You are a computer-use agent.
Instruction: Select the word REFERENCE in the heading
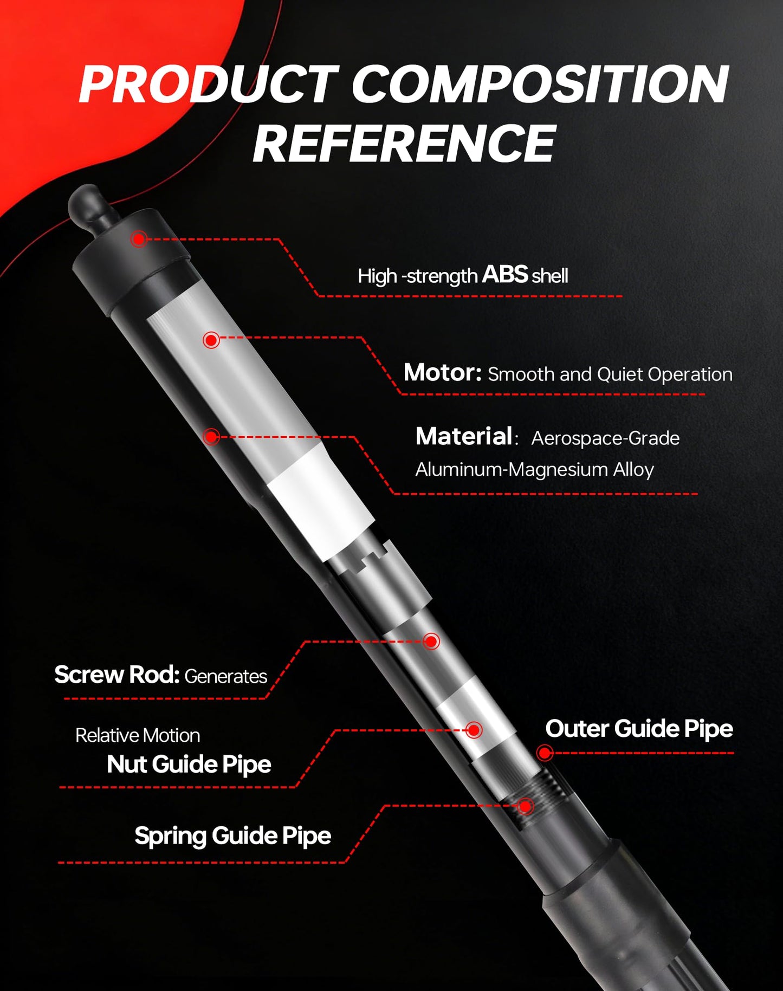click(x=404, y=143)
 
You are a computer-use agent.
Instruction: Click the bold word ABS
click(x=504, y=275)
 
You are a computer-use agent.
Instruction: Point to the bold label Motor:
click(x=443, y=373)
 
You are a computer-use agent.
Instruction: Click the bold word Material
click(x=464, y=436)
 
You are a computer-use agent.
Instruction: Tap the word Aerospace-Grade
click(x=605, y=438)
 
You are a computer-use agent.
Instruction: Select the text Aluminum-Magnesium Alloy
click(x=535, y=470)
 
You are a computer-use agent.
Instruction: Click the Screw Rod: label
click(x=117, y=675)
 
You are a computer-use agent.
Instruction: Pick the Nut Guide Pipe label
click(x=189, y=765)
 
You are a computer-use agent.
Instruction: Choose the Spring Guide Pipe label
click(x=233, y=836)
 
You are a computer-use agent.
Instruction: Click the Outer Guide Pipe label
click(x=639, y=729)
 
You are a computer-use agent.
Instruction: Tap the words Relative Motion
click(x=138, y=735)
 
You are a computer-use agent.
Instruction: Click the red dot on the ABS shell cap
click(x=139, y=238)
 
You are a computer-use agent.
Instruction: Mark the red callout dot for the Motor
click(x=211, y=340)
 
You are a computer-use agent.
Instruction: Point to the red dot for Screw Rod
click(x=431, y=642)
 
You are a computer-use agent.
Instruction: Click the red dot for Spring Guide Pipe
click(x=525, y=806)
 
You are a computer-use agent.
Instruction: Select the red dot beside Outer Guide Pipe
click(x=545, y=753)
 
